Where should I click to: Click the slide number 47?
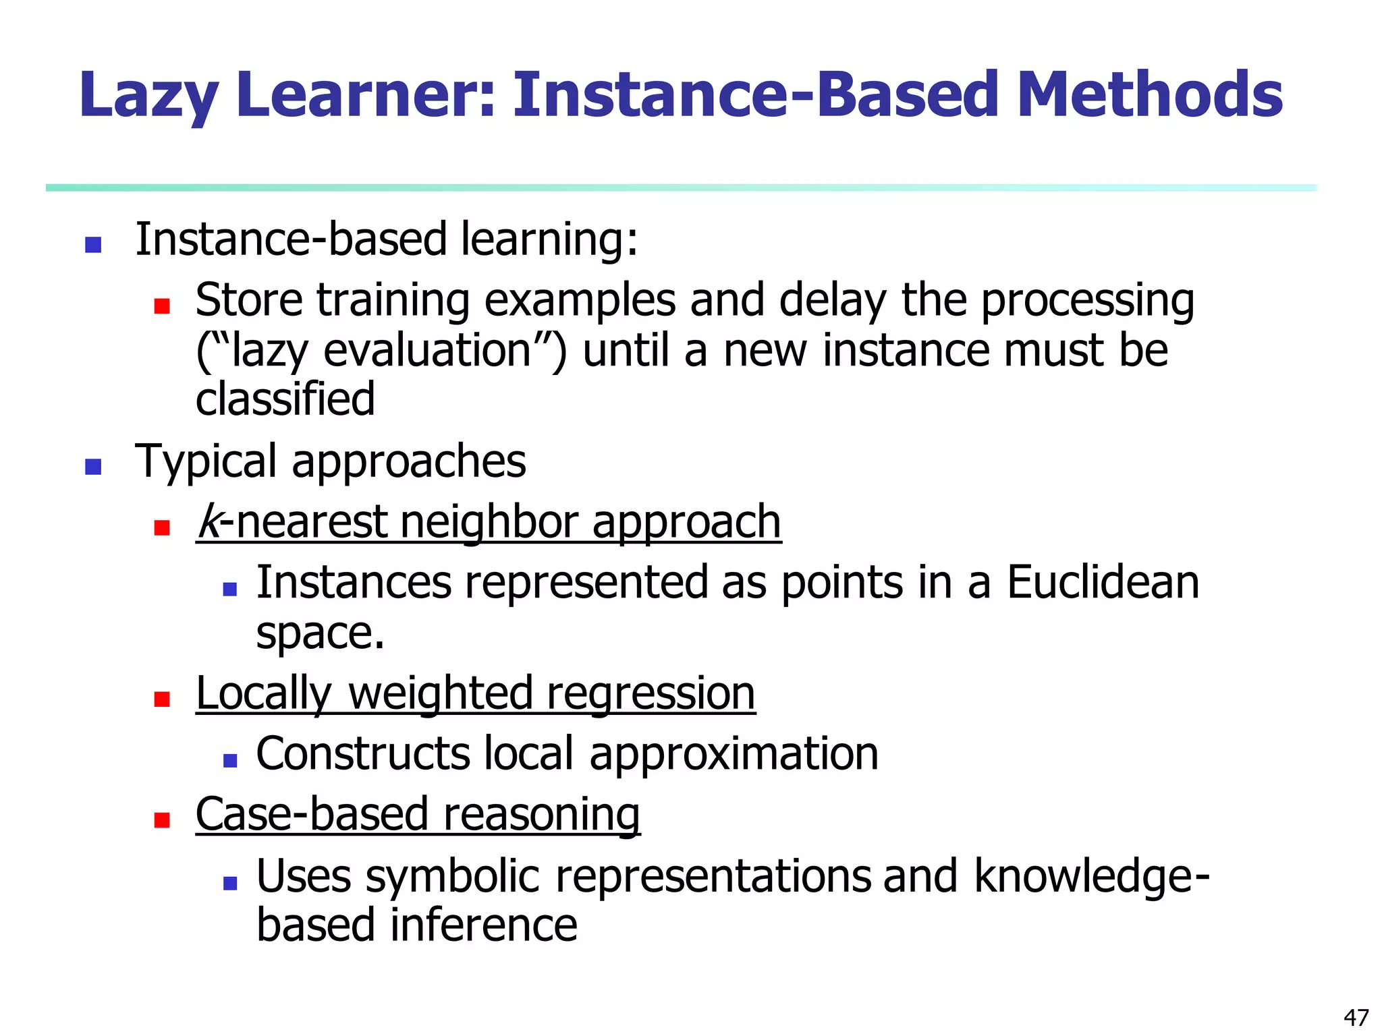tap(1356, 1017)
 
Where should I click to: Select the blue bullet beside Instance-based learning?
tap(93, 244)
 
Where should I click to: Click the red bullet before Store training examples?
tap(161, 306)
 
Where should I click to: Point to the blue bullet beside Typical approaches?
tap(93, 466)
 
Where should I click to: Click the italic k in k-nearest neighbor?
tap(209, 522)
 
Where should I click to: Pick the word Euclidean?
tap(1103, 583)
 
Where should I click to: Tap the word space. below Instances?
tap(320, 634)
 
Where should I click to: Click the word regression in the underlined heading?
tap(651, 693)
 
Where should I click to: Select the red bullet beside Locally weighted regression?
tap(161, 698)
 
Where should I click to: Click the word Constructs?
tap(362, 754)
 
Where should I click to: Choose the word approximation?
tap(734, 754)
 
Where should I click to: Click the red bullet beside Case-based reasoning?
tap(161, 819)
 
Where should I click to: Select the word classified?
tap(285, 399)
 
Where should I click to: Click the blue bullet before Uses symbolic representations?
tap(230, 882)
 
